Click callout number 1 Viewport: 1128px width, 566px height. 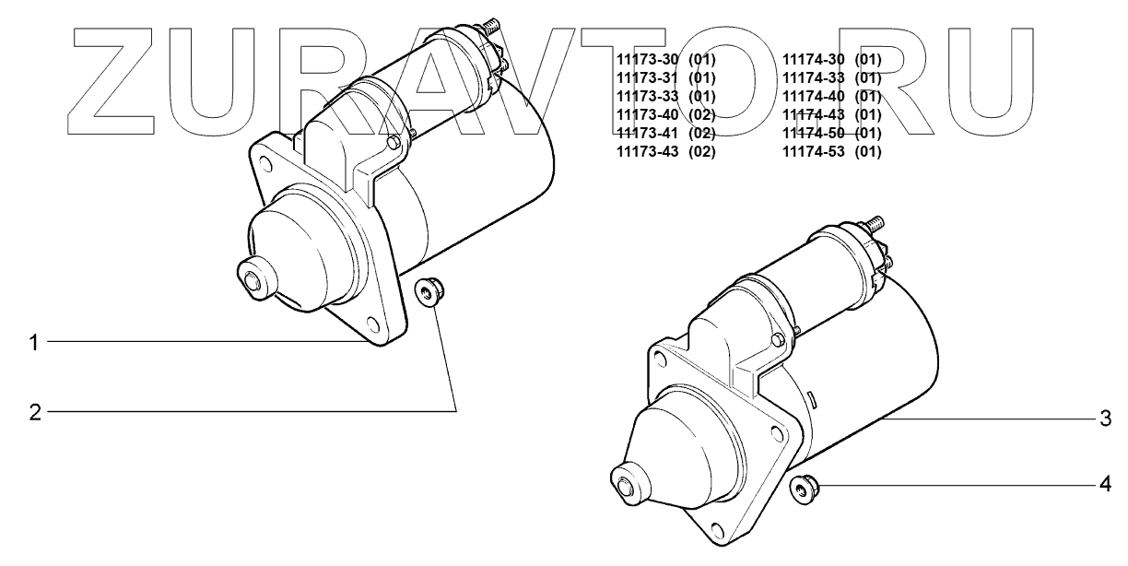coord(33,343)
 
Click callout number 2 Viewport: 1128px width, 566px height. coord(34,412)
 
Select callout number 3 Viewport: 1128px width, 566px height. coord(1105,419)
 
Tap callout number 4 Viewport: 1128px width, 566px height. coord(1105,485)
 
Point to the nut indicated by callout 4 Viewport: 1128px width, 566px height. coord(805,489)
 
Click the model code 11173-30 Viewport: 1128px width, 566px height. coord(647,60)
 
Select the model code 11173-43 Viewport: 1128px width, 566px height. coord(647,151)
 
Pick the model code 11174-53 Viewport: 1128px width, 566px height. coord(813,151)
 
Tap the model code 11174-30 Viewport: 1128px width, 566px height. coord(813,60)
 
